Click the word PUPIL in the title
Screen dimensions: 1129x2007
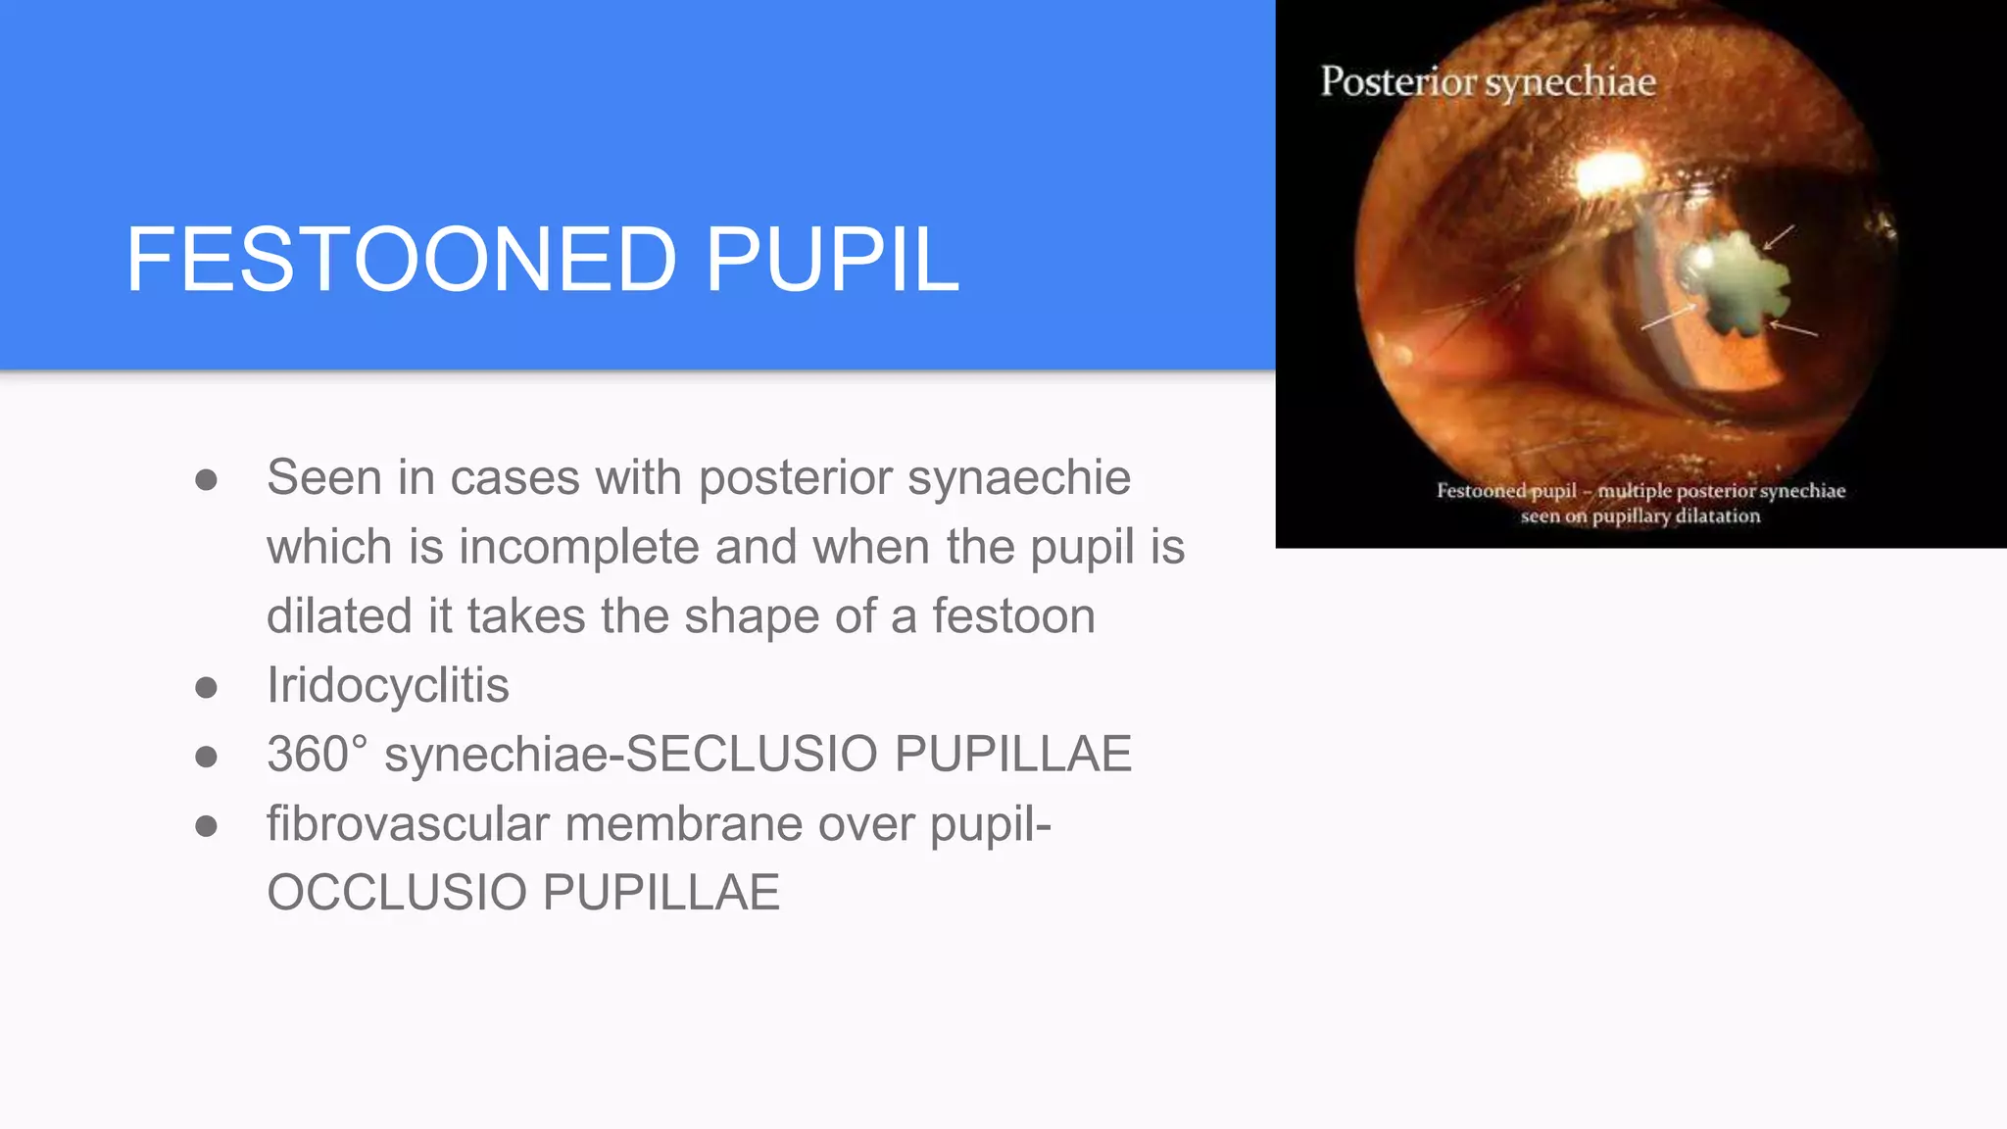pyautogui.click(x=831, y=260)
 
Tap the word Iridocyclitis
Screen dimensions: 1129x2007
pyautogui.click(x=388, y=685)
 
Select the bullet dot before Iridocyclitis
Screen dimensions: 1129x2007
pyautogui.click(x=206, y=687)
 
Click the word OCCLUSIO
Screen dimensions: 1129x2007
pyautogui.click(x=397, y=893)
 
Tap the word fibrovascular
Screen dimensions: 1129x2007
pyautogui.click(x=408, y=823)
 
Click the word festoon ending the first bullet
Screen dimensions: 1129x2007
pyautogui.click(x=1013, y=616)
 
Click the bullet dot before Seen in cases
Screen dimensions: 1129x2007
pyautogui.click(x=206, y=480)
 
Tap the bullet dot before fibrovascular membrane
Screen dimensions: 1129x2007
pyautogui.click(x=206, y=825)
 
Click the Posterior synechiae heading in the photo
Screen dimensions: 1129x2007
pyautogui.click(x=1488, y=81)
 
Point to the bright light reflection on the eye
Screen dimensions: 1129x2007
pyautogui.click(x=1610, y=174)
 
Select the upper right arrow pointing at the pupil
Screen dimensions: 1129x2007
pyautogui.click(x=1780, y=236)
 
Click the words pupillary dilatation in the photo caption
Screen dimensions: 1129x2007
pyautogui.click(x=1676, y=516)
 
